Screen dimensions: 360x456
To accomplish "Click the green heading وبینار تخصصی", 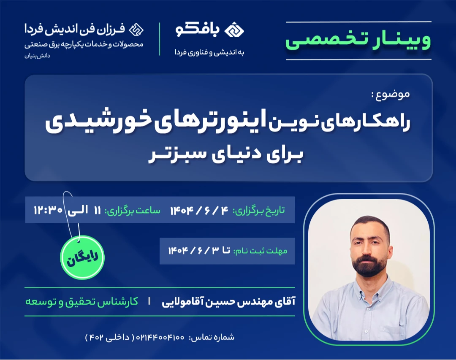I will (x=358, y=41).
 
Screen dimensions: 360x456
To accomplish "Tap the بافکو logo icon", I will (x=235, y=30).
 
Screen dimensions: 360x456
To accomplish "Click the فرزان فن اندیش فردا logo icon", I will (x=136, y=30).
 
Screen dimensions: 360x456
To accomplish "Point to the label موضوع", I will (x=392, y=94).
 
